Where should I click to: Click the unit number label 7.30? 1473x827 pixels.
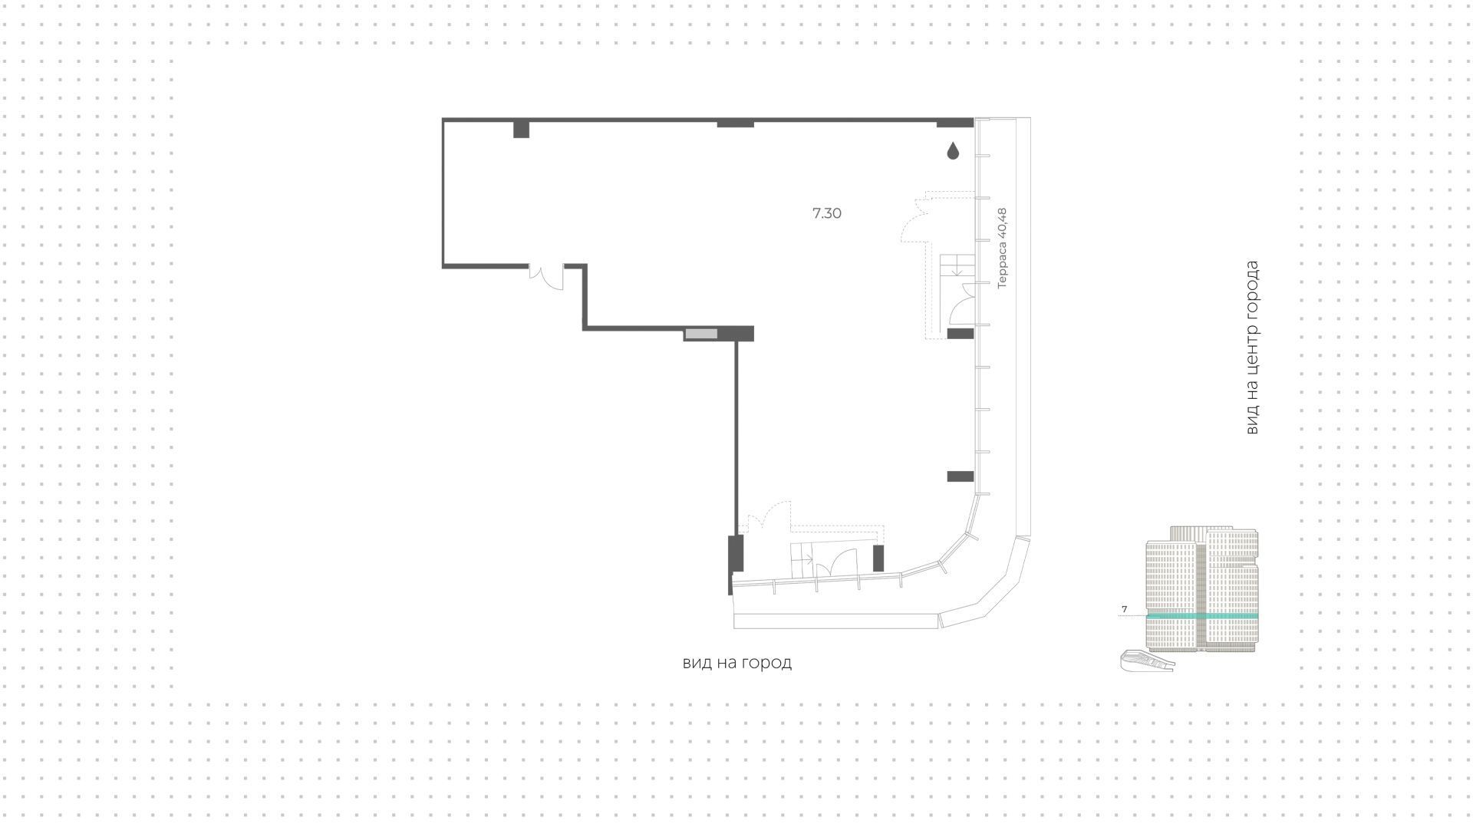(826, 213)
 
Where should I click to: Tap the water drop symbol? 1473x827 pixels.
(953, 151)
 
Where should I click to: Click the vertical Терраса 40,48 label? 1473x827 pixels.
(1003, 248)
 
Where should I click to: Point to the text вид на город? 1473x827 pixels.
(736, 662)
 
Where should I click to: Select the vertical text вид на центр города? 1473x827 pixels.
(1251, 348)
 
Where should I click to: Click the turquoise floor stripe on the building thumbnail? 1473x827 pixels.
(1202, 616)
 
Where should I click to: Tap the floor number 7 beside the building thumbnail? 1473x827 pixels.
(1125, 609)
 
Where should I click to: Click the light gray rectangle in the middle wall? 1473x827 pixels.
(701, 334)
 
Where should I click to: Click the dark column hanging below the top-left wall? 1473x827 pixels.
(521, 130)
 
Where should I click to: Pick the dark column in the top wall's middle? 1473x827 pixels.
(735, 123)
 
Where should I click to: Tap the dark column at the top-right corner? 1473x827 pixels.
(955, 123)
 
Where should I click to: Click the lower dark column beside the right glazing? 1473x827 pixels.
(961, 476)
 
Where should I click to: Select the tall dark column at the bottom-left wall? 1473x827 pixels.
(735, 554)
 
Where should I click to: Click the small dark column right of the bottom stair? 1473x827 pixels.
(878, 558)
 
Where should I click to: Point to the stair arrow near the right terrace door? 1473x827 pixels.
(957, 269)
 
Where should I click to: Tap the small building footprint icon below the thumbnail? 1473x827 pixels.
(1148, 661)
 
